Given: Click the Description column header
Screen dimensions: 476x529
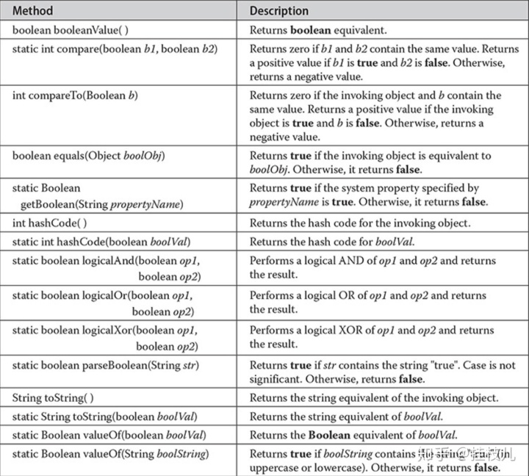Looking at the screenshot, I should [279, 11].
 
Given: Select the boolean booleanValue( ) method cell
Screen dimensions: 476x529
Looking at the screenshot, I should [71, 31].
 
